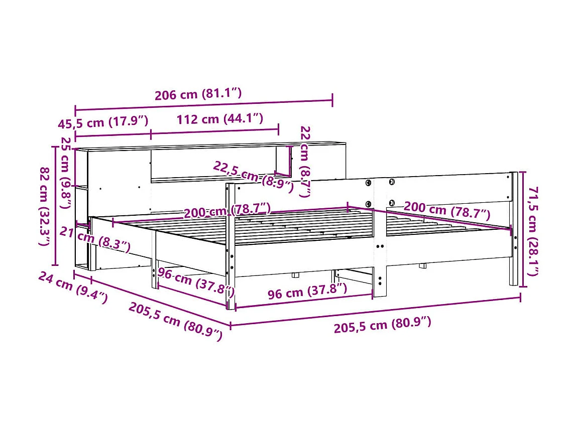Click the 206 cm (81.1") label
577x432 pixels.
pyautogui.click(x=199, y=94)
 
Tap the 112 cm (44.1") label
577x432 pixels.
pyautogui.click(x=219, y=119)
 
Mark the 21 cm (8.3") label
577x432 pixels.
pyautogui.click(x=95, y=238)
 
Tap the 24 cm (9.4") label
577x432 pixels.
pyautogui.click(x=72, y=289)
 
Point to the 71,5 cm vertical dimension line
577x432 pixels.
pyautogui.click(x=522, y=229)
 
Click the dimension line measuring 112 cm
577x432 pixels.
pyautogui.click(x=214, y=131)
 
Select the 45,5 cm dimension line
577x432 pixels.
pyautogui.click(x=113, y=134)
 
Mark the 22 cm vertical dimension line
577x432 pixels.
pyautogui.click(x=290, y=161)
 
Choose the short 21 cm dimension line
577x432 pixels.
pyautogui.click(x=83, y=224)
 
